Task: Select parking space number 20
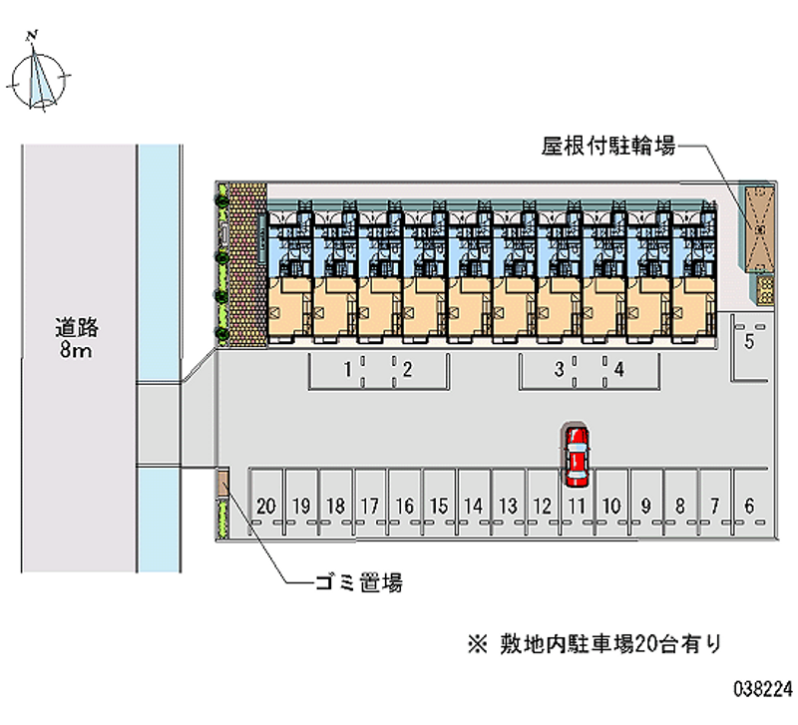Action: pos(265,506)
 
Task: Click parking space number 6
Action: pos(749,506)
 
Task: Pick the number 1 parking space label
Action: pos(346,370)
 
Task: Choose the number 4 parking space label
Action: pos(619,370)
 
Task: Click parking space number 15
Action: pos(438,506)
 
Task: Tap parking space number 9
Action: pos(646,506)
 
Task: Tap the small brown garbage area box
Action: pos(223,484)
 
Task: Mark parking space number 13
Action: pos(508,506)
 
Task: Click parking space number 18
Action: pos(335,506)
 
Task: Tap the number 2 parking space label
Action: pos(408,370)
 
